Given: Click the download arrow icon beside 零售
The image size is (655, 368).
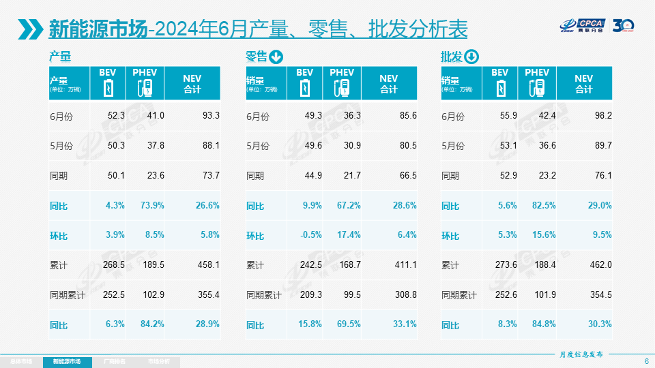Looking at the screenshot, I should click(276, 57).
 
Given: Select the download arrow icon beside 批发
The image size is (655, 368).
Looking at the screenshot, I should click(472, 57).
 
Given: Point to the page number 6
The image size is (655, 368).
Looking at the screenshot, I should click(646, 361).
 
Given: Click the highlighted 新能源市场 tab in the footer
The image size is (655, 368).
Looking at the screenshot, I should click(72, 361).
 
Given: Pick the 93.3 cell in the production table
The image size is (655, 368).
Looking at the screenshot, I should click(211, 116).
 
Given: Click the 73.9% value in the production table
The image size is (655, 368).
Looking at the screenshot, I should click(151, 206).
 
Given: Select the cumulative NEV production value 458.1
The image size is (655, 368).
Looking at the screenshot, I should click(207, 265).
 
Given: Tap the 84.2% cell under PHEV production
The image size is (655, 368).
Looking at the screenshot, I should click(151, 324).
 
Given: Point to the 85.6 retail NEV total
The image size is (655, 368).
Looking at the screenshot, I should click(407, 116).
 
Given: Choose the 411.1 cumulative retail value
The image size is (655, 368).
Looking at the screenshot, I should click(405, 265).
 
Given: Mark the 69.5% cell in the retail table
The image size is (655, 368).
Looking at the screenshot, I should click(348, 324).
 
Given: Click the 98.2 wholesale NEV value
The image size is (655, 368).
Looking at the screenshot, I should click(602, 116).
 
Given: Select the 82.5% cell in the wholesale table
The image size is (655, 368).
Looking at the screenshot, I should click(544, 206).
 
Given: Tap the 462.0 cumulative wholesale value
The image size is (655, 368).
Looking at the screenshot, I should click(600, 265).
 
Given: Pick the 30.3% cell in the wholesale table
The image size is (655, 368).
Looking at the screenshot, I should click(600, 324).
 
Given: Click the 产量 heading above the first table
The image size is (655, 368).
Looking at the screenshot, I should click(60, 57).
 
